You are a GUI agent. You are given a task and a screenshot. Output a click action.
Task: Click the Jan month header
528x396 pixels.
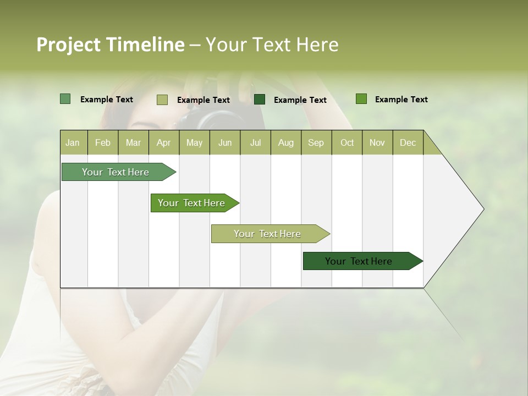[73, 142]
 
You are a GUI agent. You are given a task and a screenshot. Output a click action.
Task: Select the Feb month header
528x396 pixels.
[103, 142]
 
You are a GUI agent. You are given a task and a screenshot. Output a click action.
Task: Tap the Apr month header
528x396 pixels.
[163, 142]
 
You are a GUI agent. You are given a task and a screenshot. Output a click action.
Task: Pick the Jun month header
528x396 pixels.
[225, 142]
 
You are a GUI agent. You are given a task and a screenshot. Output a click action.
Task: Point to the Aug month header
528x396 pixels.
[286, 142]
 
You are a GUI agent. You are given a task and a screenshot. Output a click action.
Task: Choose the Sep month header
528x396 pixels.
[316, 142]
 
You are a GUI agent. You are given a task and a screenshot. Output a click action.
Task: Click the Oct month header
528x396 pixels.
[347, 142]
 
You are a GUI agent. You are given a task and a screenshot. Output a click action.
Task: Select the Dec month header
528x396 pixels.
[408, 142]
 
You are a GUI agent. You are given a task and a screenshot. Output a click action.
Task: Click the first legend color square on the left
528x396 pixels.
[65, 99]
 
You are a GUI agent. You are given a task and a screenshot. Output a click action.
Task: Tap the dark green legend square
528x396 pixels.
[260, 99]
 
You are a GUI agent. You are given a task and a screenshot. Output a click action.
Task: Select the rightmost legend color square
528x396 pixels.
[361, 99]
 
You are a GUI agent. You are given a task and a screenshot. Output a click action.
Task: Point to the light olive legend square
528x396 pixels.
[162, 100]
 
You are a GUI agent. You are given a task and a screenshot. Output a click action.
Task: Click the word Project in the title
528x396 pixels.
[68, 45]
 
